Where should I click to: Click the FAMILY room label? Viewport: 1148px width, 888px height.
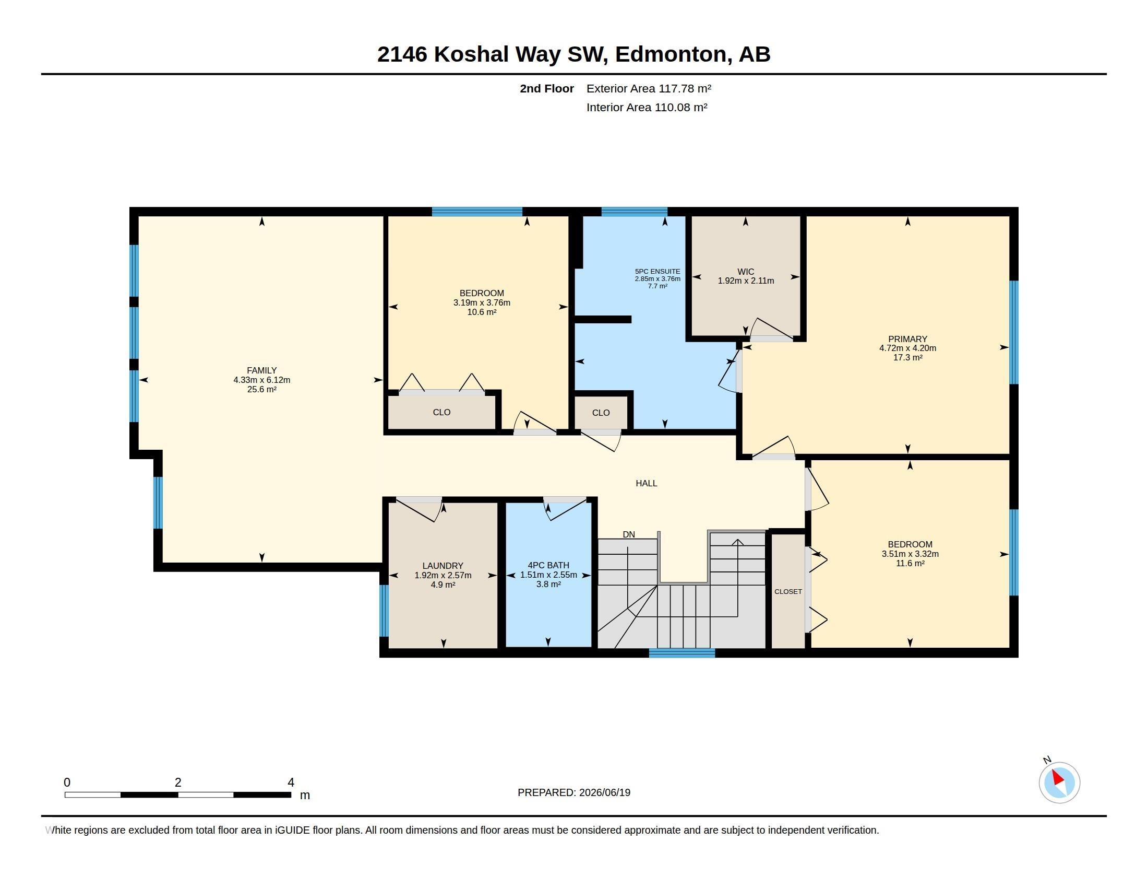[261, 370]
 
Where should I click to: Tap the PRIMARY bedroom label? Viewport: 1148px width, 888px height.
[907, 339]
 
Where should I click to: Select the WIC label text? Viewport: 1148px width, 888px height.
[745, 272]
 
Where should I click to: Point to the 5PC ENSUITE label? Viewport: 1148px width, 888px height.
[657, 272]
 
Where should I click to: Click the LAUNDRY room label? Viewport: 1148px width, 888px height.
[443, 566]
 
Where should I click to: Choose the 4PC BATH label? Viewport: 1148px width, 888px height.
[548, 566]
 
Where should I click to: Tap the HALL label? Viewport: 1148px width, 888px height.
[646, 483]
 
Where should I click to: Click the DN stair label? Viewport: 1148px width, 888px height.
[629, 534]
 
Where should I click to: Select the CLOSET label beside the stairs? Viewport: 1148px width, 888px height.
[788, 591]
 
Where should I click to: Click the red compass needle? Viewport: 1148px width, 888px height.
[1057, 777]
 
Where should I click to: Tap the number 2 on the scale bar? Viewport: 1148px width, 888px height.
[178, 782]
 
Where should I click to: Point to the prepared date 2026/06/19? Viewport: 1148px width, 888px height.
[604, 792]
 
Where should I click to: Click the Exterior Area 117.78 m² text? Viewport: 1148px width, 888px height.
[649, 88]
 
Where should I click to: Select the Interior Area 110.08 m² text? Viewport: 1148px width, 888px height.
[647, 107]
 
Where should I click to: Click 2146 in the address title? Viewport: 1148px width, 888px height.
[402, 54]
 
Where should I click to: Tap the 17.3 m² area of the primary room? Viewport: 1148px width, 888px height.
[907, 357]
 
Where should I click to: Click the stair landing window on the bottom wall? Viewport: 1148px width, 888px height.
[682, 653]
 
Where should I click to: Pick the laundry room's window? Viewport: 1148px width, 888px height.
[384, 611]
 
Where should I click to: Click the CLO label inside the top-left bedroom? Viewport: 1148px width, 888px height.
[441, 412]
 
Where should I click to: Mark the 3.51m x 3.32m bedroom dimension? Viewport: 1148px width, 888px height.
[910, 553]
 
